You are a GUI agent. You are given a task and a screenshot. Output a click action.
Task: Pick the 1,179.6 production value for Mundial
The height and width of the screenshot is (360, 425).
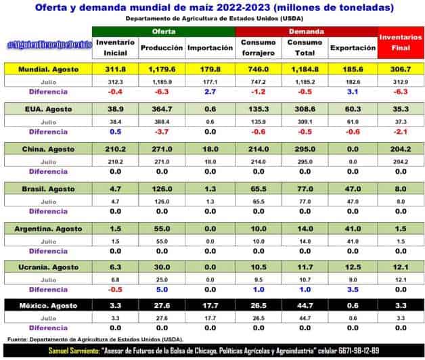coord(162,69)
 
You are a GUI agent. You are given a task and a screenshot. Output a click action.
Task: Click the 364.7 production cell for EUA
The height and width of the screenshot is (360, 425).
coord(162,108)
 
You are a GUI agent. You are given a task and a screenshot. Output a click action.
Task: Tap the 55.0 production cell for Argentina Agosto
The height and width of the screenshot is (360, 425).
coord(162,227)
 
